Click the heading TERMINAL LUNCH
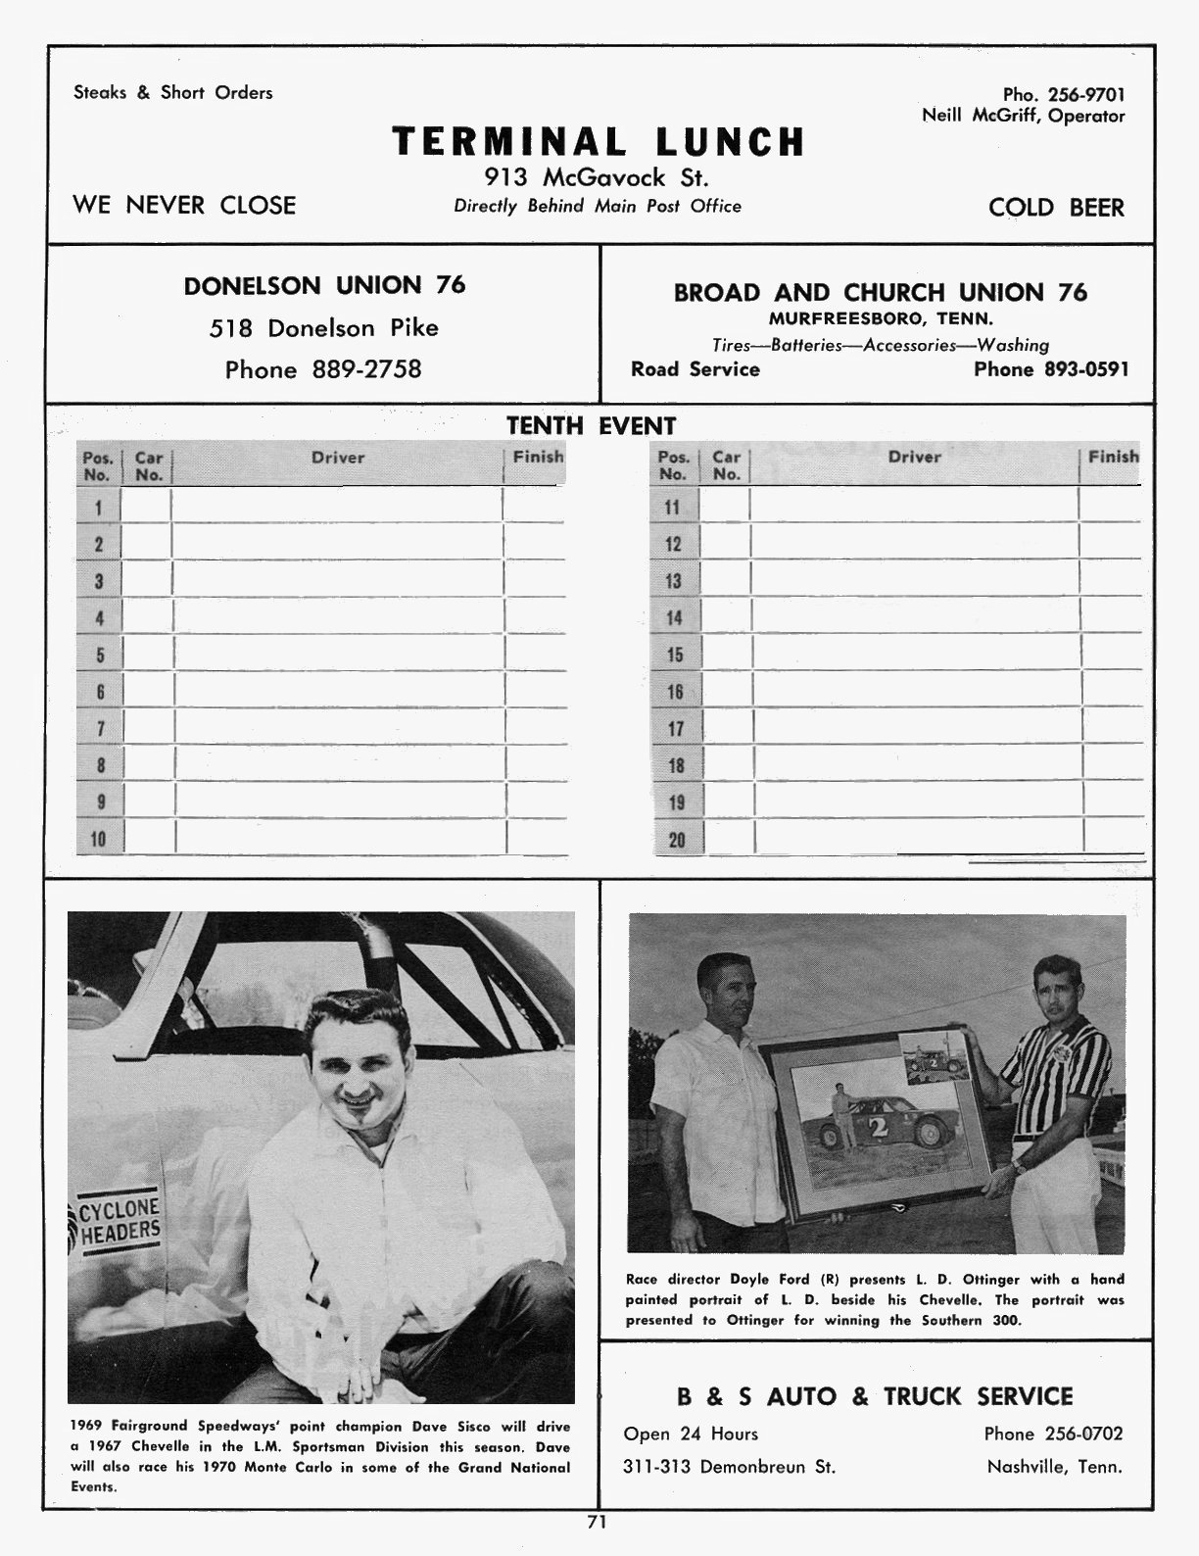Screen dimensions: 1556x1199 point(598,142)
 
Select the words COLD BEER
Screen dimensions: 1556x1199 point(1056,208)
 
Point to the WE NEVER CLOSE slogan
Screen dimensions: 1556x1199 point(184,205)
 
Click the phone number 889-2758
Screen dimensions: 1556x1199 point(366,369)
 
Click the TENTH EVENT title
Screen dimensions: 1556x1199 point(591,426)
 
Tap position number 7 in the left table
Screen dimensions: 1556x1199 point(99,729)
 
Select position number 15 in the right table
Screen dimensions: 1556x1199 point(674,655)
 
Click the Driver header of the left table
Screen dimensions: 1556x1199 point(338,458)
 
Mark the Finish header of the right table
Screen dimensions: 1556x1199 point(1113,457)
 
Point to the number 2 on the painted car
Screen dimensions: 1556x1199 point(878,1127)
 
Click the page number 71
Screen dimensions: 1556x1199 point(597,1522)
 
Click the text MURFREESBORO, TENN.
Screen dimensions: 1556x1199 point(881,318)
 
